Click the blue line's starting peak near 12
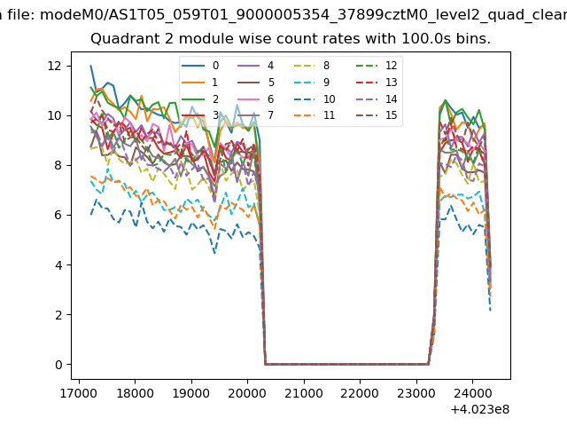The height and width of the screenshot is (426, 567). click(x=90, y=66)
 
